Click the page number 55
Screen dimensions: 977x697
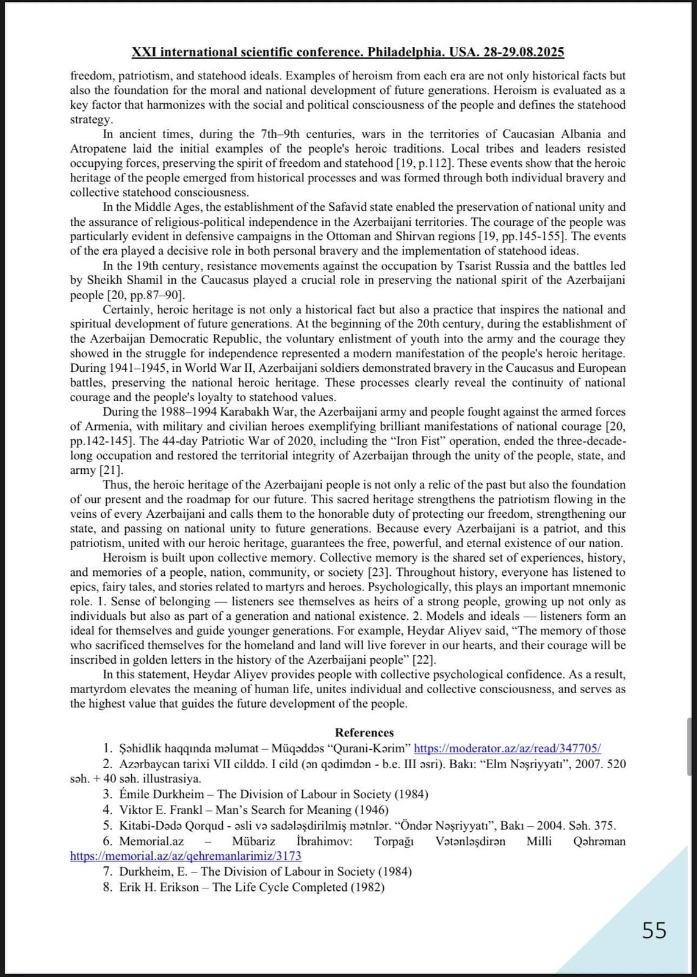(654, 931)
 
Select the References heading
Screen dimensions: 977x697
(364, 733)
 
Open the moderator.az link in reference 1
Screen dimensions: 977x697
(507, 748)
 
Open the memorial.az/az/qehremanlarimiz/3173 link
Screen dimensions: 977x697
(186, 856)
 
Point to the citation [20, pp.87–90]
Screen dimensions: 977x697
(145, 296)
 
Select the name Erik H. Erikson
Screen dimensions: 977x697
(159, 887)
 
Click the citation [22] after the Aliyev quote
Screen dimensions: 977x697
(424, 660)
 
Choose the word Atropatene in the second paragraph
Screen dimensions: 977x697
(97, 149)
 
